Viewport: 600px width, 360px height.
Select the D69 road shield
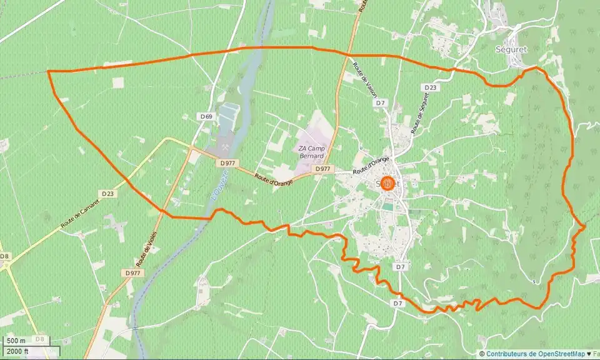[x=207, y=117]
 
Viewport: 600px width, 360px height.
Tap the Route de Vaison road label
[x=364, y=79]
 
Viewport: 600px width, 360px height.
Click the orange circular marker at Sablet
[x=387, y=184]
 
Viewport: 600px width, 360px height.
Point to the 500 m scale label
[x=16, y=341]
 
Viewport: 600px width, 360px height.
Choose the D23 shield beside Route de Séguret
[x=430, y=88]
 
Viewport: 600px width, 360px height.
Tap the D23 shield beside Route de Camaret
[x=107, y=194]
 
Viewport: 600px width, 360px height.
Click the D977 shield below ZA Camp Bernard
[x=322, y=169]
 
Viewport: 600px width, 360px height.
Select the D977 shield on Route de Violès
[x=132, y=273]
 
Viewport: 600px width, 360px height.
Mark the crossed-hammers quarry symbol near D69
[x=224, y=148]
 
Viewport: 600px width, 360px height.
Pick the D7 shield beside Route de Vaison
[x=381, y=102]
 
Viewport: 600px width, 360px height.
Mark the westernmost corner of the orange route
[x=48, y=71]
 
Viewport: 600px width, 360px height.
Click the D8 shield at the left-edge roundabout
[x=5, y=256]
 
